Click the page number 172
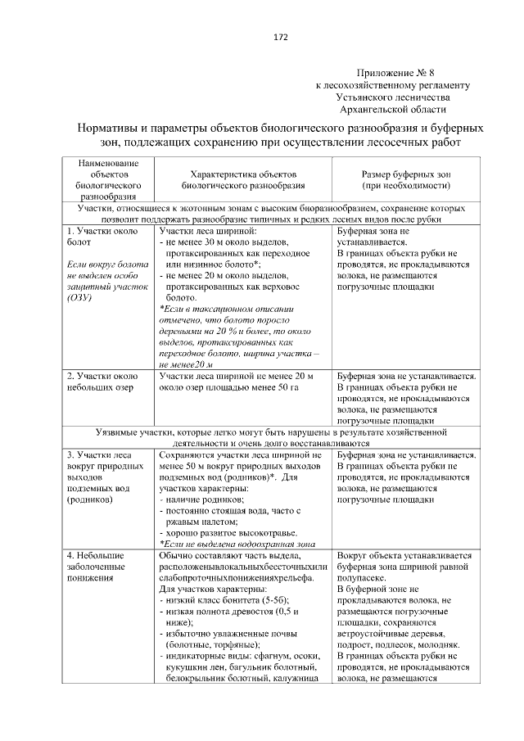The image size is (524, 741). [x=279, y=37]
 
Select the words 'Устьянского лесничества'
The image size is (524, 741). [x=392, y=97]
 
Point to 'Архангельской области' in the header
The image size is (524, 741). [x=392, y=108]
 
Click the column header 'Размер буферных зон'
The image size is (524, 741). [x=407, y=174]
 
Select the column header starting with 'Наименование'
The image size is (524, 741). [x=105, y=163]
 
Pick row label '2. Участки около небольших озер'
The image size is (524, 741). [x=96, y=382]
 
